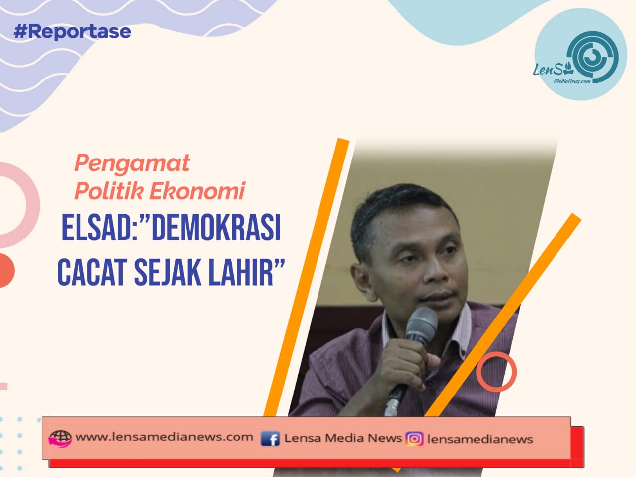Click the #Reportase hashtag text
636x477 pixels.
pos(72,32)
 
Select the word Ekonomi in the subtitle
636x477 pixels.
pos(197,191)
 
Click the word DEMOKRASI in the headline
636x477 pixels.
pos(216,228)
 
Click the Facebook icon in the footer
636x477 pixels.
pos(270,438)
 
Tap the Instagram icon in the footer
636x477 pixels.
pos(414,439)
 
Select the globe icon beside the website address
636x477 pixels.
pos(60,438)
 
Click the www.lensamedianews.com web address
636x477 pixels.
pos(164,437)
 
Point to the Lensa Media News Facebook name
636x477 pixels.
pos(343,438)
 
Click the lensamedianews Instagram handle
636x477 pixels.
pos(480,439)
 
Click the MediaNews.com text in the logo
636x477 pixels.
pos(572,81)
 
